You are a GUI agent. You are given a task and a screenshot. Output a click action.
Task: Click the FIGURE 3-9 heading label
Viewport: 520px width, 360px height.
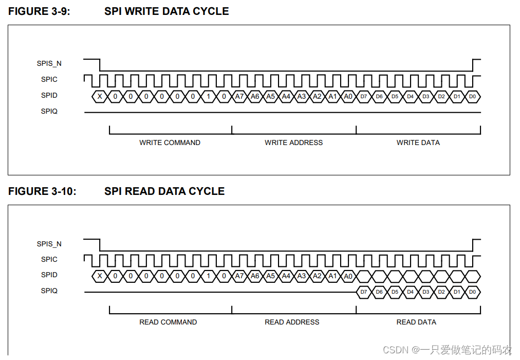coord(39,11)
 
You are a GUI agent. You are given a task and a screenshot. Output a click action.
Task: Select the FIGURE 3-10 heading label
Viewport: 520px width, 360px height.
coord(42,191)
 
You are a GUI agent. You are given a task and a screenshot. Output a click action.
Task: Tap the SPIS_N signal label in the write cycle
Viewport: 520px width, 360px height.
coord(49,64)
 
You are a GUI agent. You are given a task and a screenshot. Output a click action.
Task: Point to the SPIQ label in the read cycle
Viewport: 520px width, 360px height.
coord(49,291)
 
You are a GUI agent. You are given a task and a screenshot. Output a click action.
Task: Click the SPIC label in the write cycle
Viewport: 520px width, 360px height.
coord(49,80)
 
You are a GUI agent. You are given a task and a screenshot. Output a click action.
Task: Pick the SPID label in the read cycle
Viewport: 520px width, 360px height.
coord(49,275)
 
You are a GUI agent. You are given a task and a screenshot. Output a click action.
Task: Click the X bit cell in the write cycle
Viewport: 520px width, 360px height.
coord(100,96)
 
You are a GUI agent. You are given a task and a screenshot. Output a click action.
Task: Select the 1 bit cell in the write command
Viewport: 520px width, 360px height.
coord(208,96)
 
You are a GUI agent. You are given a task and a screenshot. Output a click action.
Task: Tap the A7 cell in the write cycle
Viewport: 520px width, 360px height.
coord(239,96)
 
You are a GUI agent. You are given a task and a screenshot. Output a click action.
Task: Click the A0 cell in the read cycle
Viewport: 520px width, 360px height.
coord(348,276)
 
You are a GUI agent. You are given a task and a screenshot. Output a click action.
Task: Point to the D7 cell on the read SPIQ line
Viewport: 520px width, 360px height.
coord(364,292)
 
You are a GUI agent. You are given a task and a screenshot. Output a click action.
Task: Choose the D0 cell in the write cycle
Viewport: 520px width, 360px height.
coord(473,96)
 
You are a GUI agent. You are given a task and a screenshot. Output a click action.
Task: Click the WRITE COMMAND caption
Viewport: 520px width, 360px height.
coord(170,142)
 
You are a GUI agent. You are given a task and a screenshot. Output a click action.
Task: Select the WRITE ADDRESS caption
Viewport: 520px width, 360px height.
coord(293,142)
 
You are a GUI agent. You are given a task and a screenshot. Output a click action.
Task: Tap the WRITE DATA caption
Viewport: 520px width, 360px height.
coord(418,142)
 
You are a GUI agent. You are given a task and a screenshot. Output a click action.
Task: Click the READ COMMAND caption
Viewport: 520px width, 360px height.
coord(168,322)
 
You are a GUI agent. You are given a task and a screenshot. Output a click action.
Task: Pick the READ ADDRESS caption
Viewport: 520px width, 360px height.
coord(292,322)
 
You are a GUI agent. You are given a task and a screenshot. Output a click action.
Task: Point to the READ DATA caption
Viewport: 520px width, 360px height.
coord(416,322)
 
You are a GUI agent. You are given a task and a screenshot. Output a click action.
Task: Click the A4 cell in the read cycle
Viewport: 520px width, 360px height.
coord(286,276)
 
